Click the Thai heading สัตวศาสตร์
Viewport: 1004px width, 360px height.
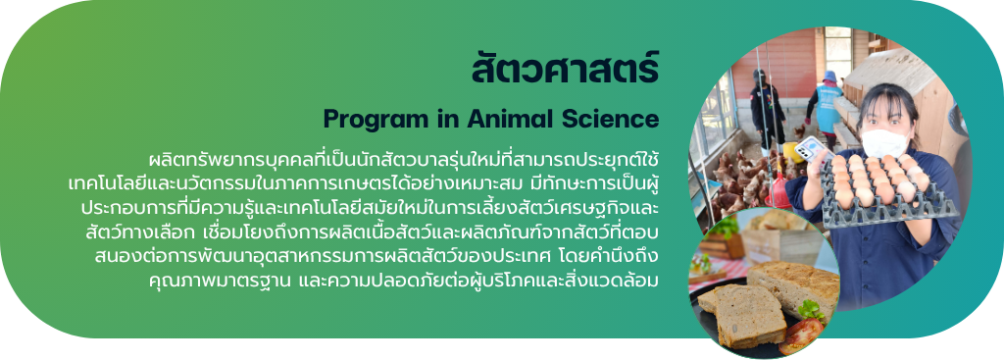tap(565, 70)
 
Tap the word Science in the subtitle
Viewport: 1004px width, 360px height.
tap(612, 119)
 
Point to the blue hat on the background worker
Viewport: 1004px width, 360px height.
tap(829, 77)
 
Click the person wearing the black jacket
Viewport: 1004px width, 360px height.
tap(766, 109)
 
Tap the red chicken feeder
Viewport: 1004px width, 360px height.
tap(778, 190)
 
